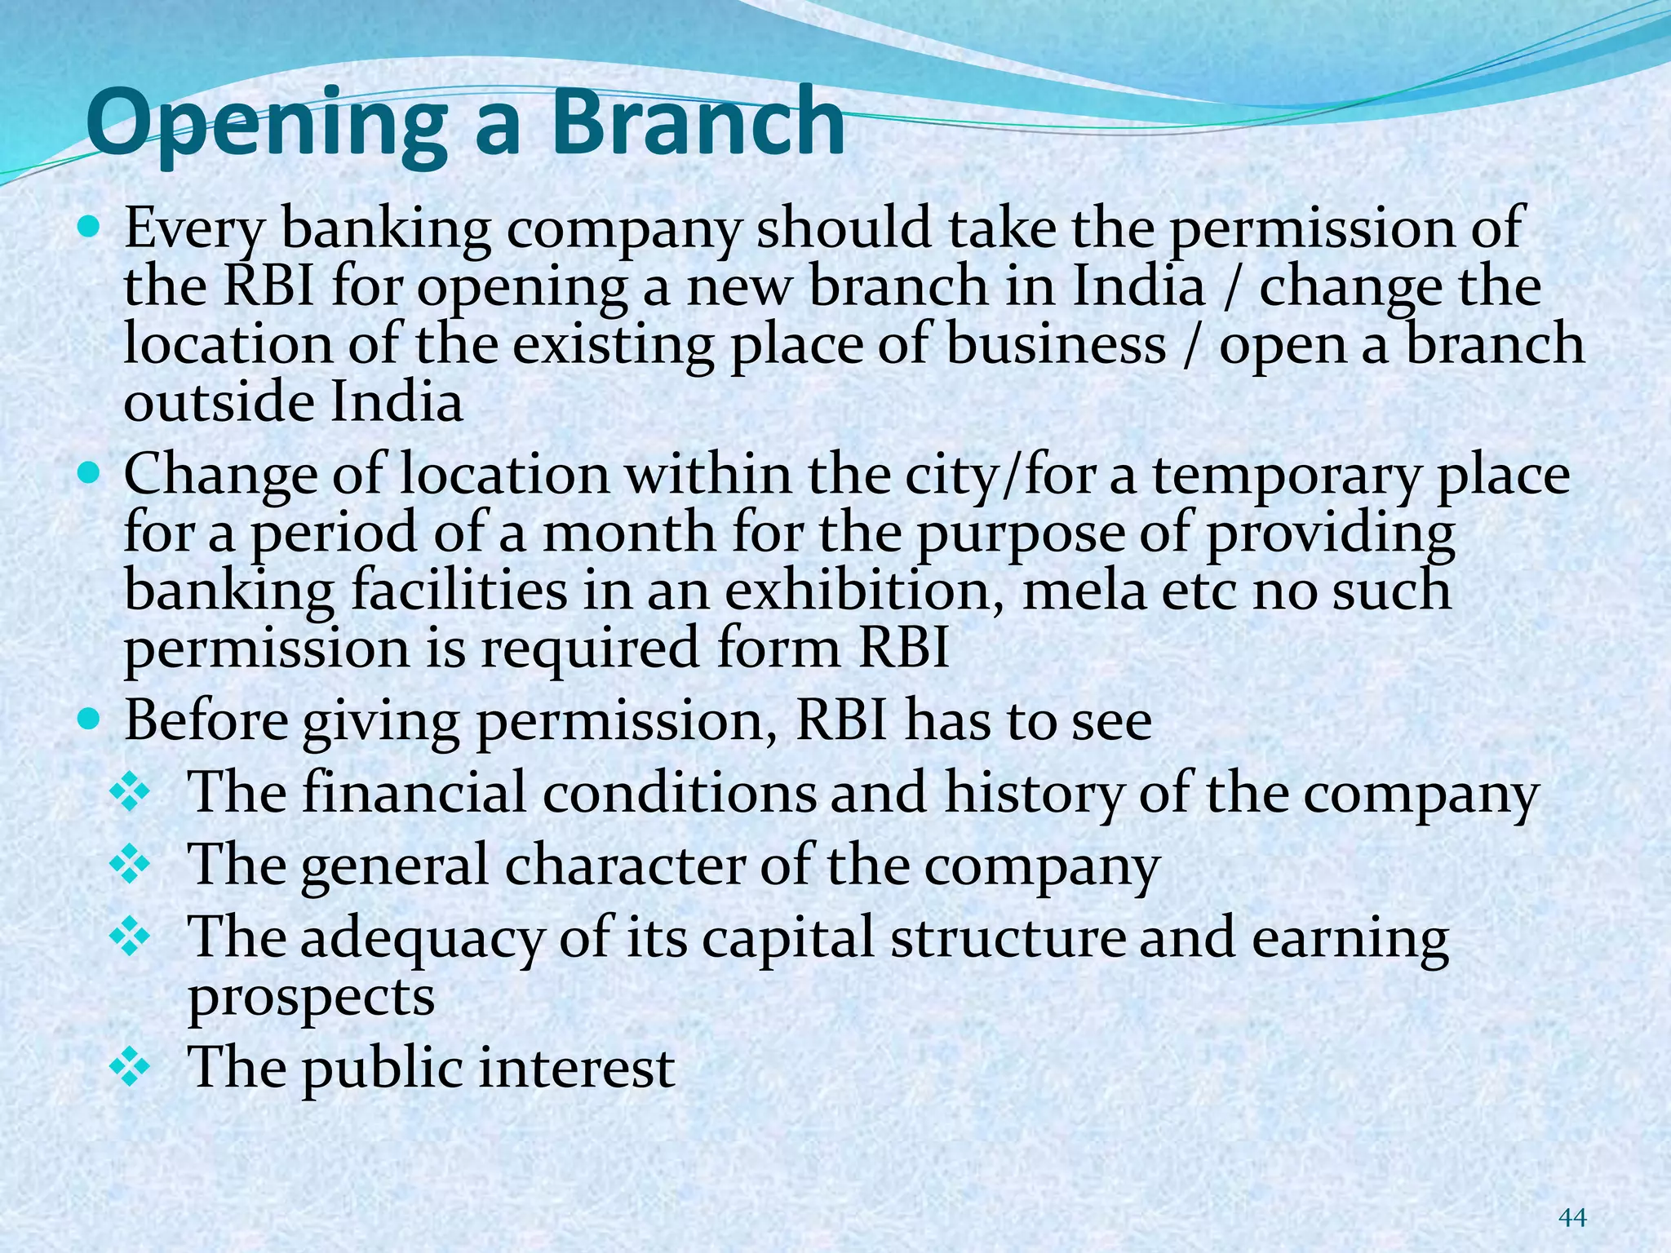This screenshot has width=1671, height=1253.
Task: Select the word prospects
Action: [x=311, y=998]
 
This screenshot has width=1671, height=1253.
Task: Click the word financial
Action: [x=414, y=793]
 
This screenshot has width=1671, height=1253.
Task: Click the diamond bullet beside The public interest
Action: [x=130, y=1067]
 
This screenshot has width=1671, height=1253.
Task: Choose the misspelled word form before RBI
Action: [x=779, y=649]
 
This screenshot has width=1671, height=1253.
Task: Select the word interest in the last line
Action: [x=576, y=1069]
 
